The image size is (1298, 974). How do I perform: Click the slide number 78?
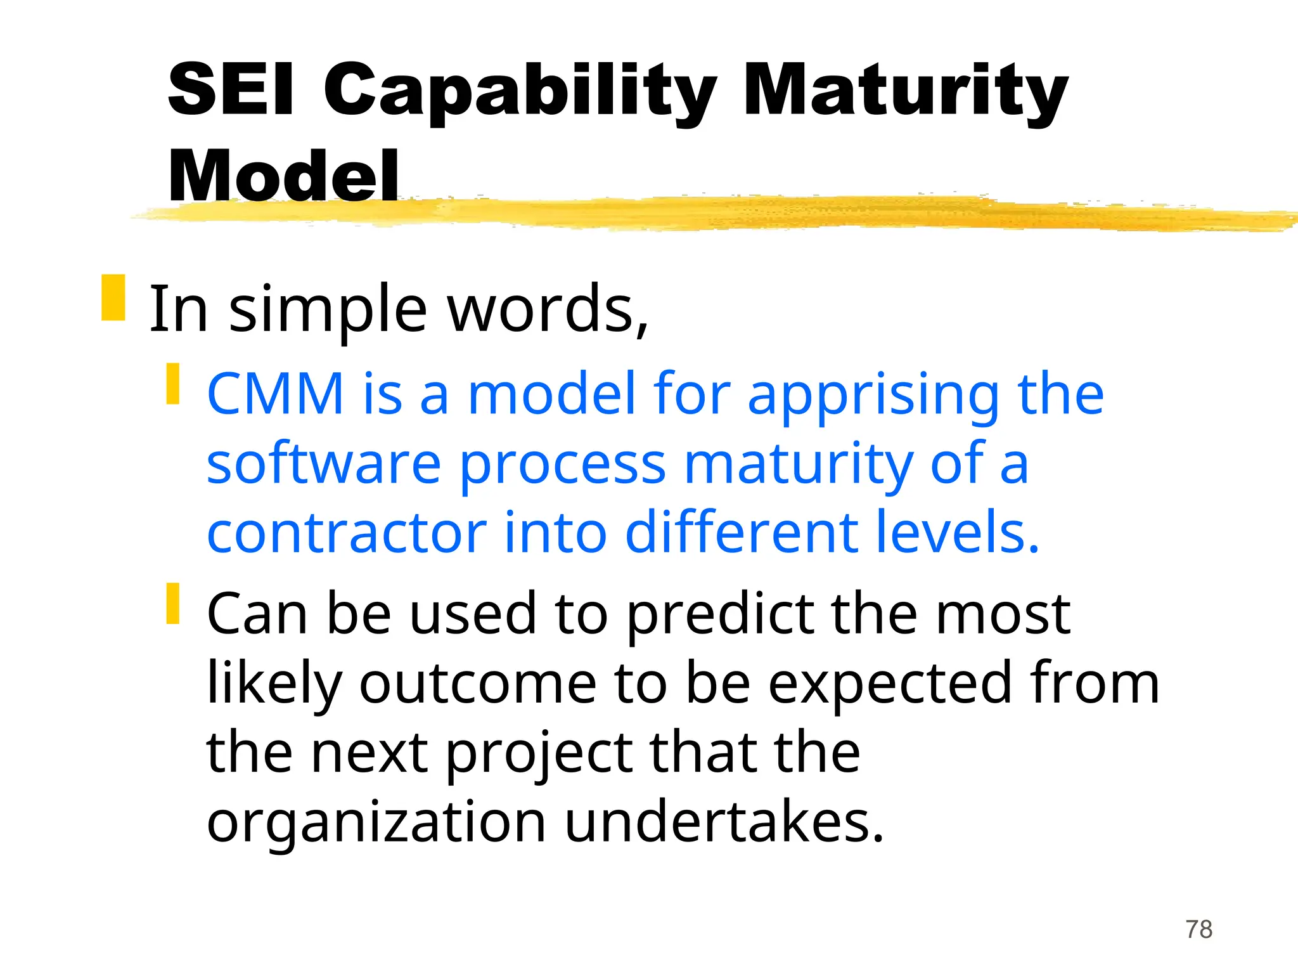(1199, 930)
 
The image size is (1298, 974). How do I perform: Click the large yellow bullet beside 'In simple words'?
(113, 297)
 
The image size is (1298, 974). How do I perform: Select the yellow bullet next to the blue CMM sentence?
(173, 384)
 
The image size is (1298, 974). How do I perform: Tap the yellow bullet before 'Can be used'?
(173, 603)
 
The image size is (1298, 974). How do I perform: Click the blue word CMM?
(276, 394)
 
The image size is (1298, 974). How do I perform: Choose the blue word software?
(324, 464)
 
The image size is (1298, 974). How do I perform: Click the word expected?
(890, 685)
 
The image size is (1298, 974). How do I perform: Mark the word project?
(539, 755)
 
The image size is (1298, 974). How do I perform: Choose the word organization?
(376, 824)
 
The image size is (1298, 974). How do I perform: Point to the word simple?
(328, 311)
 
